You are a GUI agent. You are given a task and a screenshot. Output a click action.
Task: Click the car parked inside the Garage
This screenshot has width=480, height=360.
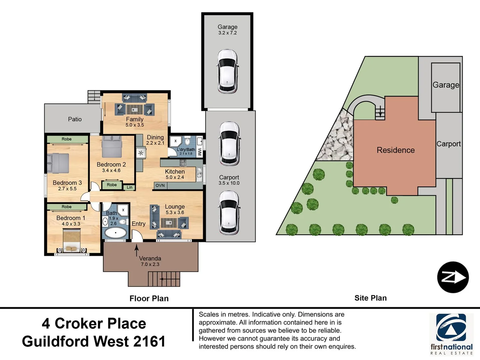click(x=227, y=71)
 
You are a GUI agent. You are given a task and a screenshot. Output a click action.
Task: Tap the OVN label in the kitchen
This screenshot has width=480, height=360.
click(x=160, y=185)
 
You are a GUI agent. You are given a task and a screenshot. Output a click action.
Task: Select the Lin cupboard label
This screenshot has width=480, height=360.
click(x=129, y=187)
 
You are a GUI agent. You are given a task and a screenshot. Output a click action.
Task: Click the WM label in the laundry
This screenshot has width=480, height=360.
click(x=199, y=152)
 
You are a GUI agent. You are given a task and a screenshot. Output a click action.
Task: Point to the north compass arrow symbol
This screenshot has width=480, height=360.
click(x=453, y=277)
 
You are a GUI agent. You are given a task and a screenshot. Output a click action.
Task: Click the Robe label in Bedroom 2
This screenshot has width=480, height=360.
click(x=112, y=185)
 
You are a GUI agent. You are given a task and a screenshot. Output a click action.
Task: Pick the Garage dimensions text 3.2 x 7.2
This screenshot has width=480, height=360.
click(x=227, y=33)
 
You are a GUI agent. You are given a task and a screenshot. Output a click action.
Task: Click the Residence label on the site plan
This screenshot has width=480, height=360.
click(x=396, y=150)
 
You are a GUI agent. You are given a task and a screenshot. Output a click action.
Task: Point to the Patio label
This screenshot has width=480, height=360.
click(x=75, y=119)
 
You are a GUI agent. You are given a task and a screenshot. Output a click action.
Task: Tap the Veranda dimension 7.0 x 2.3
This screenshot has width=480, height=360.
click(x=150, y=264)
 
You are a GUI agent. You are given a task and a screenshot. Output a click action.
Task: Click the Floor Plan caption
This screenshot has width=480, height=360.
click(x=149, y=299)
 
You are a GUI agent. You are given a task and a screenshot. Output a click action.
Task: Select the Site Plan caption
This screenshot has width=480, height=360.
click(x=371, y=298)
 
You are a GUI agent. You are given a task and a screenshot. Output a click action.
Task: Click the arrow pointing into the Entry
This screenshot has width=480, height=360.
click(x=137, y=250)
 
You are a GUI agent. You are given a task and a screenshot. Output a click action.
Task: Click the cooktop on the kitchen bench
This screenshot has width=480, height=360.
click(x=183, y=163)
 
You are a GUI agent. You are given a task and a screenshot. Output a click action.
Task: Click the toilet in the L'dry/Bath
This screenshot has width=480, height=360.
click(x=187, y=141)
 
